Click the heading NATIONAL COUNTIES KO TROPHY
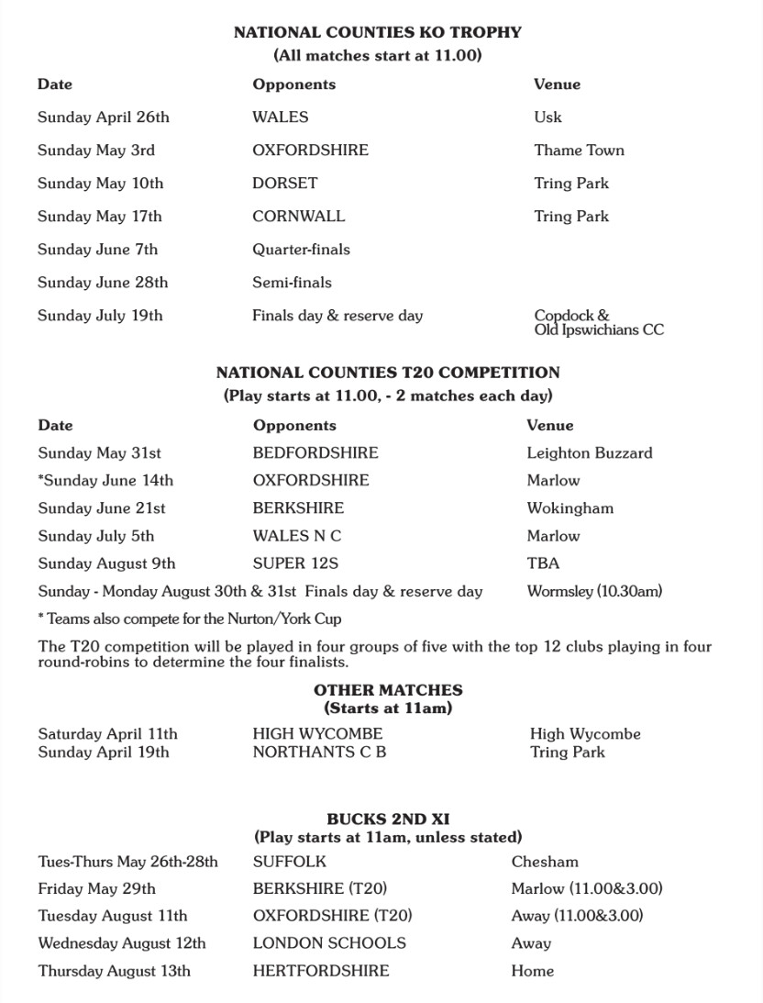pos(377,32)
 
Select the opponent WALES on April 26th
pos(281,117)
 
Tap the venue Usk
pos(547,117)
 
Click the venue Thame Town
pos(579,150)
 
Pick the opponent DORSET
pos(284,184)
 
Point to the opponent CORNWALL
pos(299,217)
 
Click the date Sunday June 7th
pos(97,250)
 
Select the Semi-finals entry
pos(292,283)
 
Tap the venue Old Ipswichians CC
pos(599,329)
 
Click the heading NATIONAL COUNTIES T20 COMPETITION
pos(387,373)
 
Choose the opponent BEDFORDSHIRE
pos(315,453)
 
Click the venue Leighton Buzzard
pos(590,453)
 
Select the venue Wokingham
pos(569,508)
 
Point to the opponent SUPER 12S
pos(295,563)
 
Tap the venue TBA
pos(543,563)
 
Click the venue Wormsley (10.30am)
pos(594,592)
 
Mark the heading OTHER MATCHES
pos(388,690)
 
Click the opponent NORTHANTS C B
pos(319,752)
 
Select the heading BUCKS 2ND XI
pos(388,819)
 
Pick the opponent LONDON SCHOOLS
pos(329,943)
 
